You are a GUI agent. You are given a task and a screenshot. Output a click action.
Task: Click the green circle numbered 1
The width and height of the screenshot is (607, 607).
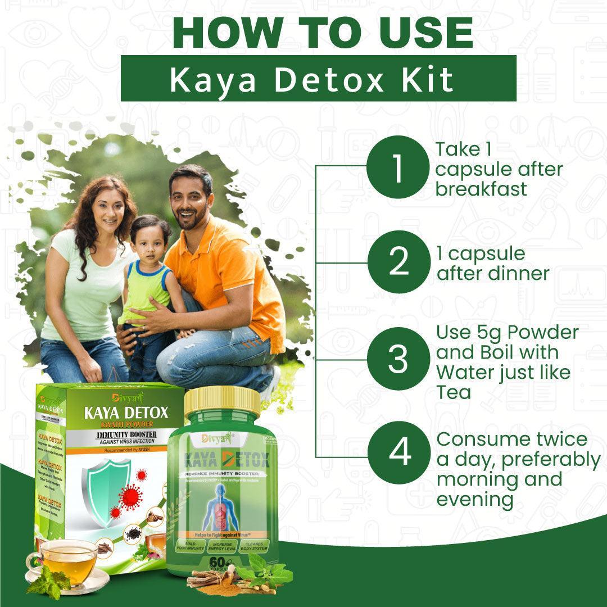(397, 167)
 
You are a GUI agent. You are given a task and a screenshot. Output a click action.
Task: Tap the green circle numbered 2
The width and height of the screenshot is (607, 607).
(398, 262)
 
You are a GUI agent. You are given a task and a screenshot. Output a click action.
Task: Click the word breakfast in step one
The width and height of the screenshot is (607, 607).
(482, 189)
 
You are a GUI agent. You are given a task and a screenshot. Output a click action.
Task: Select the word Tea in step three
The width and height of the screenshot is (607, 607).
(454, 392)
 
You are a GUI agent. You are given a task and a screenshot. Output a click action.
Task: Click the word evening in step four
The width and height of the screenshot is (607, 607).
(475, 500)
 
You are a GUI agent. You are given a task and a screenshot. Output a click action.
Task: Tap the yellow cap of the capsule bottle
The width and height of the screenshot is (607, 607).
(222, 400)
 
